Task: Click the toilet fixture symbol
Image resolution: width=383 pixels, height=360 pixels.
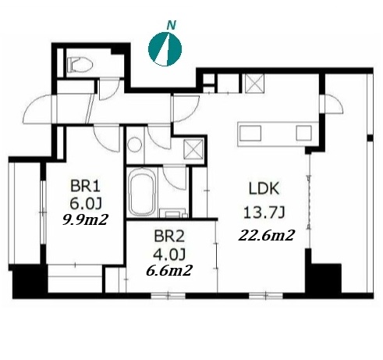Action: tap(80, 64)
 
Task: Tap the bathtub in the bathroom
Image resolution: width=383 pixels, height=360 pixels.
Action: tap(142, 193)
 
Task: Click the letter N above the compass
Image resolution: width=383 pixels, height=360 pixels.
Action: tap(171, 25)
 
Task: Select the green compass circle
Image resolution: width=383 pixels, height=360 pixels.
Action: tap(165, 49)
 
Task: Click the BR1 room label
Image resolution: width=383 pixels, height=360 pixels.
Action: tap(85, 187)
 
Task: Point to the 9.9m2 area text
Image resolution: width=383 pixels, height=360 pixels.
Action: tap(85, 220)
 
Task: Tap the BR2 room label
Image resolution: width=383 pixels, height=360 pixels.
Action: tap(169, 237)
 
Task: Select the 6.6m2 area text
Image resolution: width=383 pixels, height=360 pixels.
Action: tap(169, 271)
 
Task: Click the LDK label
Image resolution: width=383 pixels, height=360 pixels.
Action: tap(264, 188)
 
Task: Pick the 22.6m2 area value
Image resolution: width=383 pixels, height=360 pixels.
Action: tap(267, 236)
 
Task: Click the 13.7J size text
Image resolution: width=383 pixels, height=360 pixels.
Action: tap(264, 212)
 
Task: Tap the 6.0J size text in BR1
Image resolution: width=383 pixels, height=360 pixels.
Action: tap(86, 204)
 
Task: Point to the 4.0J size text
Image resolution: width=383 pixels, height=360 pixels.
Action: tap(169, 254)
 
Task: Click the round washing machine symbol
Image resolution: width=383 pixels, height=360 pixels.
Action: tap(135, 144)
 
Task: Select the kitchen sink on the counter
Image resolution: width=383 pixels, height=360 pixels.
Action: tap(250, 133)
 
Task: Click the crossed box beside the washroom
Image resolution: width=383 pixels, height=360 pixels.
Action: tap(193, 149)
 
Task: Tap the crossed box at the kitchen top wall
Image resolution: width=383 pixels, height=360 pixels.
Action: tap(254, 83)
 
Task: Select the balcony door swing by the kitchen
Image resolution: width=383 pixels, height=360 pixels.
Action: tap(333, 103)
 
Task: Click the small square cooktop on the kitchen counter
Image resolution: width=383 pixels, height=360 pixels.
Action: tap(304, 133)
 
